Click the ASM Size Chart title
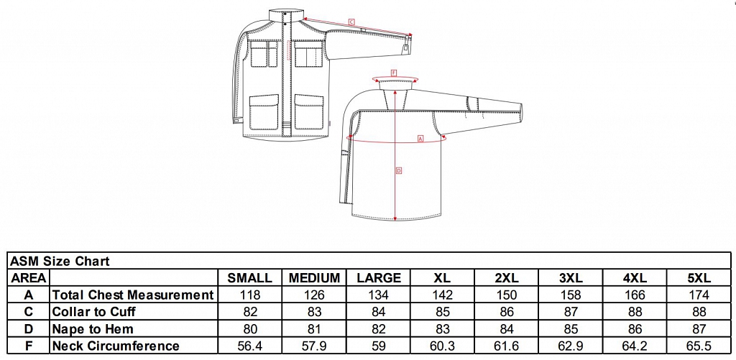pos(60,261)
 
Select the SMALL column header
pos(249,278)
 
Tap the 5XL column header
pos(699,278)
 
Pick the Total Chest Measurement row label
pos(133,295)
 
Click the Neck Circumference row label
pos(116,346)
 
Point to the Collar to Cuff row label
pos(94,312)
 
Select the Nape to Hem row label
pos(93,329)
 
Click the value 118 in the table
pos(249,295)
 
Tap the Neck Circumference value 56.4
pos(249,346)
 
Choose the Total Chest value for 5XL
pos(699,295)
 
